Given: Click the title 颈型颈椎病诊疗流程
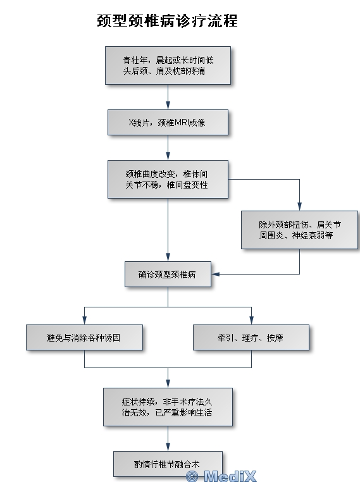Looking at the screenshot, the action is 167,21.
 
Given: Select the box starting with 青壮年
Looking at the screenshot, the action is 168,66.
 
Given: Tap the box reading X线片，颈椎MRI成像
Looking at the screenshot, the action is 168,122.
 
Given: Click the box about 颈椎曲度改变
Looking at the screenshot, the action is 168,179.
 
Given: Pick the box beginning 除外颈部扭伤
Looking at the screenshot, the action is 299,230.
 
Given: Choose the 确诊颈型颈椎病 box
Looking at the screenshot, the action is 168,274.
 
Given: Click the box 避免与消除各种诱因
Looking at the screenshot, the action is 84,338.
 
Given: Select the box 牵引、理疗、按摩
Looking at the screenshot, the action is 251,338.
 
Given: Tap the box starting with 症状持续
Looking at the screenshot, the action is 168,407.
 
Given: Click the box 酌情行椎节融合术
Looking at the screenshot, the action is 168,464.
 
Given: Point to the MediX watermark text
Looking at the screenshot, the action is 230,476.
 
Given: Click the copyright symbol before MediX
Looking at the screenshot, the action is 192,476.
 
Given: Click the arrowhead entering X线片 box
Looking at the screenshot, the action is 168,105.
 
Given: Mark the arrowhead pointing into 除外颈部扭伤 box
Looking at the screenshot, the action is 299,206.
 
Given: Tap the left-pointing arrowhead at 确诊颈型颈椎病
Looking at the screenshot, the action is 216,274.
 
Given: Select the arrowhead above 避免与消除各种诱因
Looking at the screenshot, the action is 84,320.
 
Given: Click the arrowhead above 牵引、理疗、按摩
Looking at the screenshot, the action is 251,320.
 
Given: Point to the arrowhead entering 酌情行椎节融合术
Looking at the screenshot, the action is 168,447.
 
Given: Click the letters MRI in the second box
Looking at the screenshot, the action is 182,123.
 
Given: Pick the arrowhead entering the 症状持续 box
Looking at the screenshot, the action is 168,383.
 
